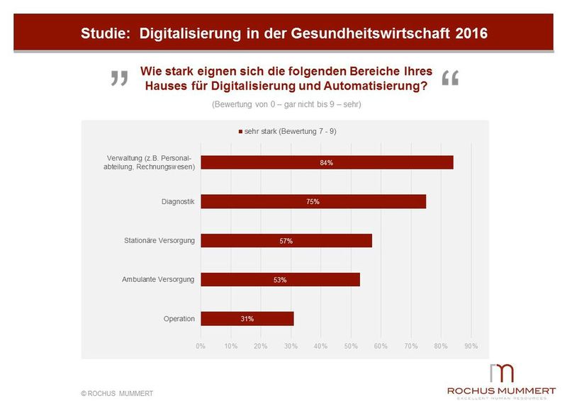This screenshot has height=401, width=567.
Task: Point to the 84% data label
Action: (x=326, y=162)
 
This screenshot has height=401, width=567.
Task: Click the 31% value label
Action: (x=247, y=319)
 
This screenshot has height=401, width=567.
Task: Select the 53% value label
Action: (x=280, y=280)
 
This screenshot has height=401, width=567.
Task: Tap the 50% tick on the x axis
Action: (x=351, y=346)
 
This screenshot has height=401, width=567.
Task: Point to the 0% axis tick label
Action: (x=201, y=346)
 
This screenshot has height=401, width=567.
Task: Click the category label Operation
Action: (x=179, y=319)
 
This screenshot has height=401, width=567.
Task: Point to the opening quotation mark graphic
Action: (x=120, y=79)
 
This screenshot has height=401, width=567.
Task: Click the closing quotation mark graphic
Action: (x=450, y=79)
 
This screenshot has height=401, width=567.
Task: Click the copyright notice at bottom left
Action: (x=117, y=392)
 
